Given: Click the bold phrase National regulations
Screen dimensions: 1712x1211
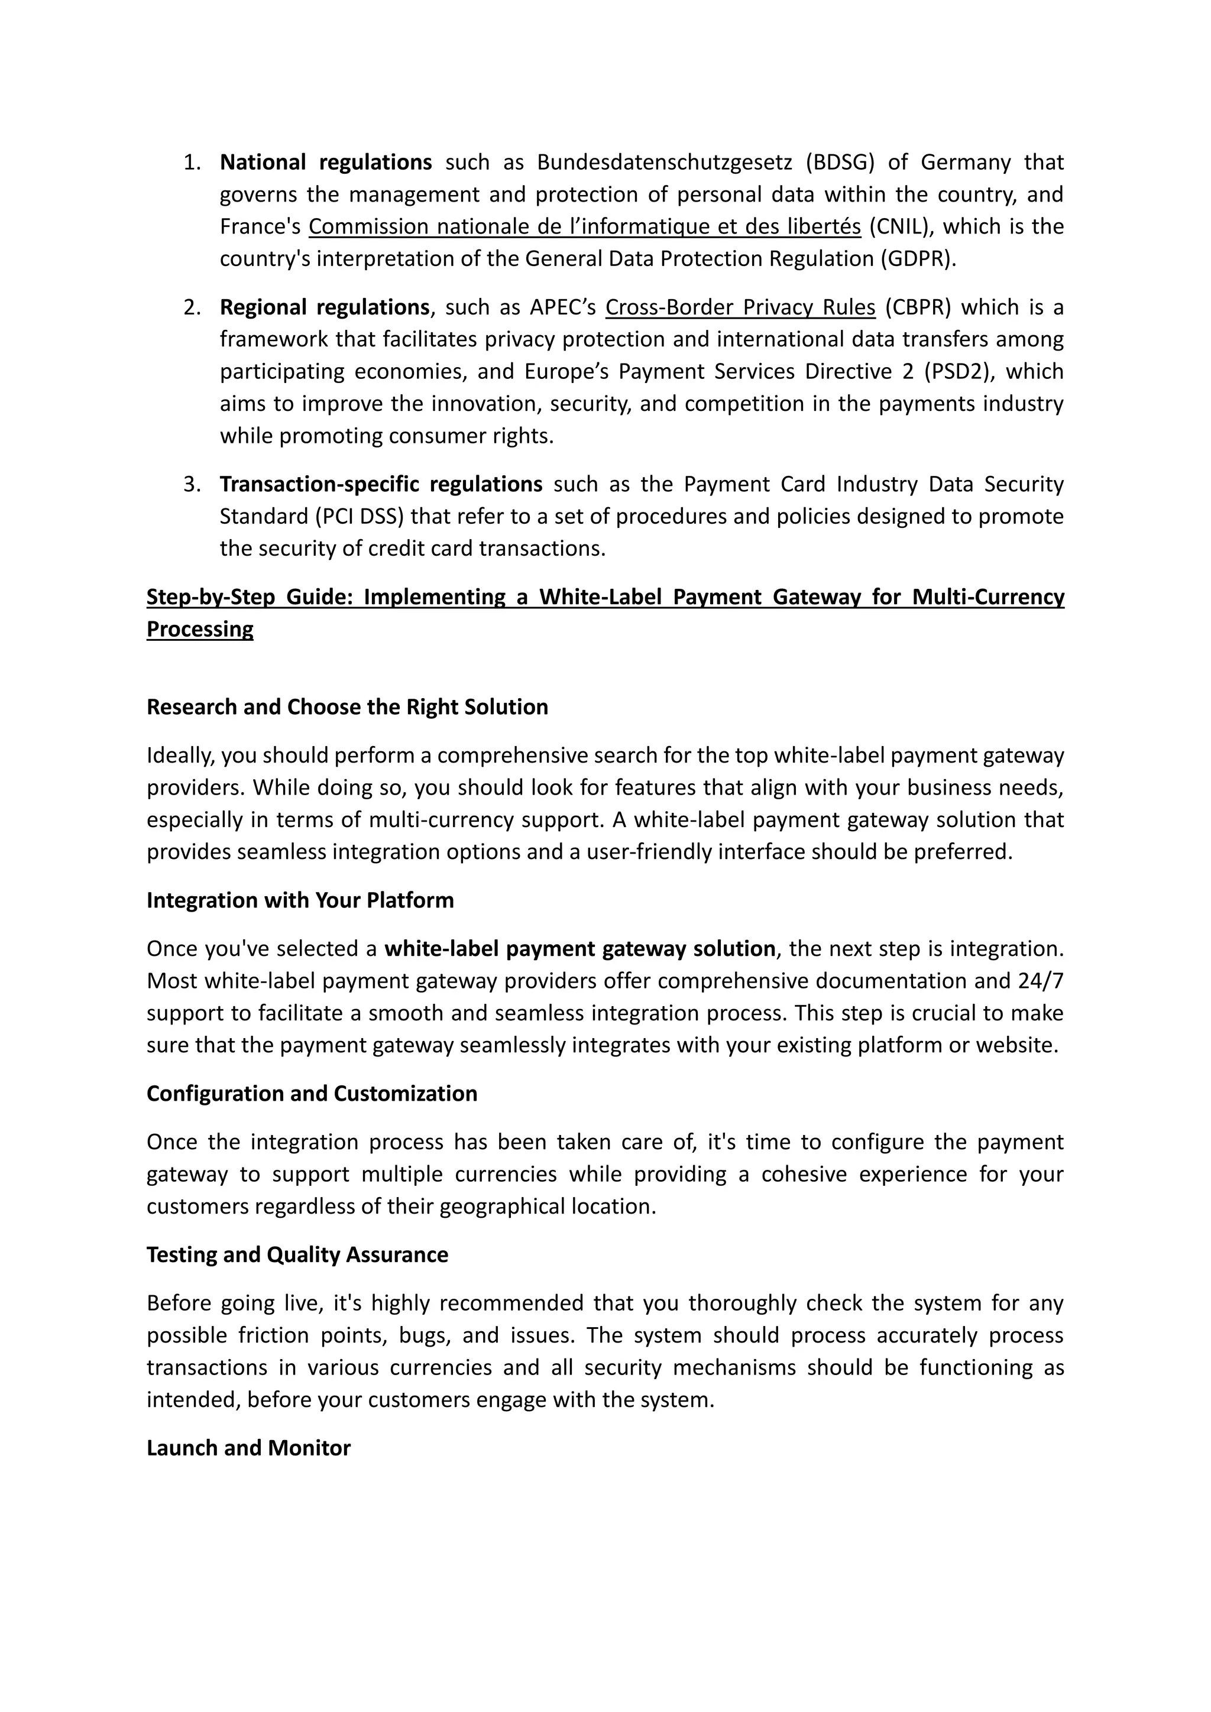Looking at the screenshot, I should tap(326, 162).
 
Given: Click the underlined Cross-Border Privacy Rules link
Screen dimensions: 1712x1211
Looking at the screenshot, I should tap(740, 307).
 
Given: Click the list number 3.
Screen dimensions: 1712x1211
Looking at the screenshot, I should tap(192, 485).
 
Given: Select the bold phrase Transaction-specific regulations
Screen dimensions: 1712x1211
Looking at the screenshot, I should tap(381, 485).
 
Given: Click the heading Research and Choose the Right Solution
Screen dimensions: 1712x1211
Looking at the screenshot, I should tap(347, 707).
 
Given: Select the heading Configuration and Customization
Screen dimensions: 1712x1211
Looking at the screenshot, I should tap(312, 1093).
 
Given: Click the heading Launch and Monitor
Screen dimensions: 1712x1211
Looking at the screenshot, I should tap(248, 1447).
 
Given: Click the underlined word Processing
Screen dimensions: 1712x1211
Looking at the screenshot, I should tap(200, 630).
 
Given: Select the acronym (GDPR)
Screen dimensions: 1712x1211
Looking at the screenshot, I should tap(917, 259).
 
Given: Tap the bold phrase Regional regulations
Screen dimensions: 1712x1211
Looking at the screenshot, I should tap(325, 307).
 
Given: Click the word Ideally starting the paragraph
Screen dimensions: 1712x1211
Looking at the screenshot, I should tap(179, 756).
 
